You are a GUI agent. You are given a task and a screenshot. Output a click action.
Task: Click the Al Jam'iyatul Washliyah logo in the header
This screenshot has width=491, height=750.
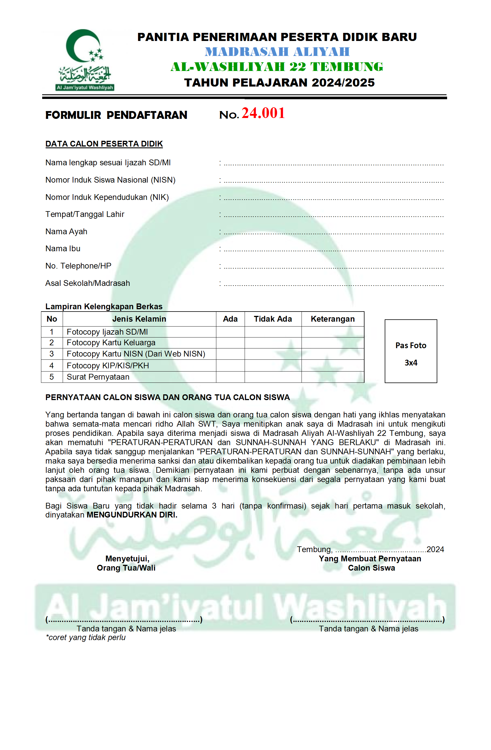85,60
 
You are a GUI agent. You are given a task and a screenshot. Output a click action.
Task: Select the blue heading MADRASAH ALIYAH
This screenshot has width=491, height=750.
277,52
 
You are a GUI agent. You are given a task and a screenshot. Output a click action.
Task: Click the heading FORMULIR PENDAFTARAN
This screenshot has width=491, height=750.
116,115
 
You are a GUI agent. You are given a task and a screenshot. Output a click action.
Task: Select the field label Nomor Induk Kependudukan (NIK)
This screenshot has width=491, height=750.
107,197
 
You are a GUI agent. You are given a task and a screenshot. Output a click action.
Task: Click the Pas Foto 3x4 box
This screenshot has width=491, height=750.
410,351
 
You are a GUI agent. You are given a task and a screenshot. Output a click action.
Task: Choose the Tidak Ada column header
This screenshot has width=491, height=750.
273,319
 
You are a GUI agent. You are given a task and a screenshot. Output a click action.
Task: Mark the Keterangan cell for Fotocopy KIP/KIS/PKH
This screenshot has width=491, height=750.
333,365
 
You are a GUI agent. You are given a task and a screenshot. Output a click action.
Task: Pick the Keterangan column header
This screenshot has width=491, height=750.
333,319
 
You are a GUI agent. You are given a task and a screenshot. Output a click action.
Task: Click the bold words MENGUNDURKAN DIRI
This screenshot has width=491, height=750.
132,515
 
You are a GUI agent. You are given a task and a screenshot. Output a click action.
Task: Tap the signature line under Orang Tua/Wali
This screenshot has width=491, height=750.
124,620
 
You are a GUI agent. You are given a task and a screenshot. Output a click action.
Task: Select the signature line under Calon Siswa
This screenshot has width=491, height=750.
367,620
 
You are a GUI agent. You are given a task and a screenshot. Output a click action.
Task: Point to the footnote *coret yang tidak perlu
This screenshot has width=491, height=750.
85,637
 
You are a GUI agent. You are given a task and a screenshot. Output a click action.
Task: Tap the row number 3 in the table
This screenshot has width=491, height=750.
52,354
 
